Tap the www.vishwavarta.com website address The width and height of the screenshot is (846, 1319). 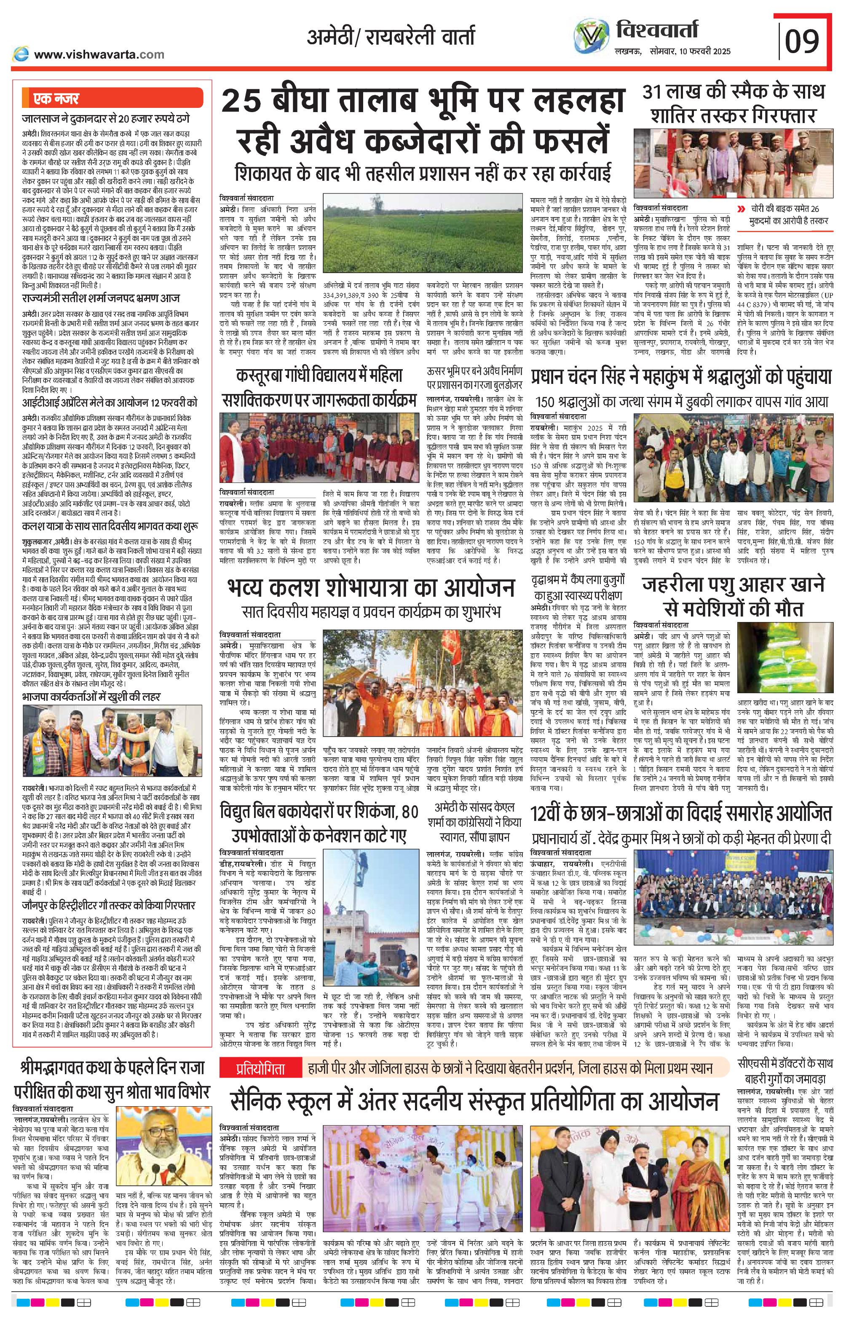tap(99, 54)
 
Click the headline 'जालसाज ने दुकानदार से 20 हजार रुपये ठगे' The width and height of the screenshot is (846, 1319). tap(110, 118)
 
